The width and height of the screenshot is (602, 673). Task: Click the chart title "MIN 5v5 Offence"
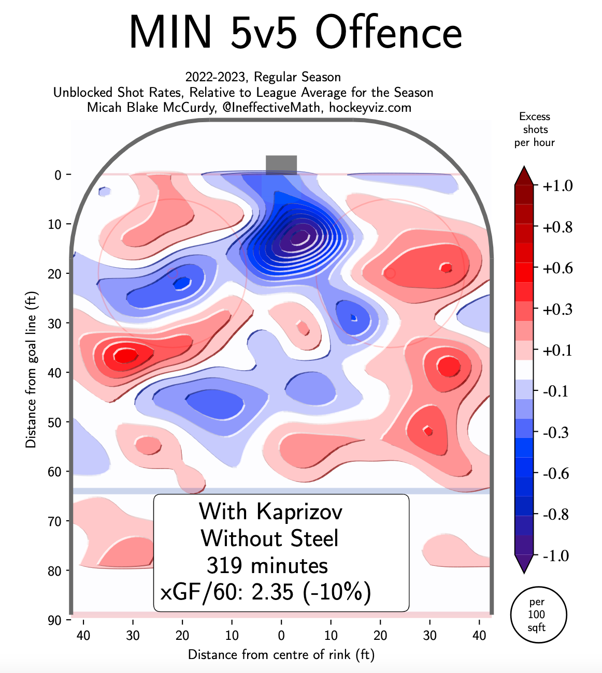[x=295, y=32]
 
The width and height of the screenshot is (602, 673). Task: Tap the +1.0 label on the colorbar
[x=557, y=186]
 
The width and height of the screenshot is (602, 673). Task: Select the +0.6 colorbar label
[x=557, y=268]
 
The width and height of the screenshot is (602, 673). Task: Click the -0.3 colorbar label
[x=556, y=432]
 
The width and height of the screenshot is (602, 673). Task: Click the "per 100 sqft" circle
[x=538, y=615]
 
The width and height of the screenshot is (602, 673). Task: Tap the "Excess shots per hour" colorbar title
[x=534, y=129]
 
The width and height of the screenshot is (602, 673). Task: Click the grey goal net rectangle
[x=281, y=165]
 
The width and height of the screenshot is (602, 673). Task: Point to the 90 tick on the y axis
[x=54, y=620]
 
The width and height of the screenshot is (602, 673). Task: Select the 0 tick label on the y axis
[x=58, y=175]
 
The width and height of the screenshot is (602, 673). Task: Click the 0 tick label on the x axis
[x=281, y=635]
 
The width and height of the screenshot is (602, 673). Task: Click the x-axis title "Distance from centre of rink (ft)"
[x=281, y=655]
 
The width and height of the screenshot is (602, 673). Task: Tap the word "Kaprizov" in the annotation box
[x=299, y=512]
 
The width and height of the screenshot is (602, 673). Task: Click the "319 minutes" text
[x=267, y=565]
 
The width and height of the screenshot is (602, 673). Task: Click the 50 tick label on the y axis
[x=54, y=422]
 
